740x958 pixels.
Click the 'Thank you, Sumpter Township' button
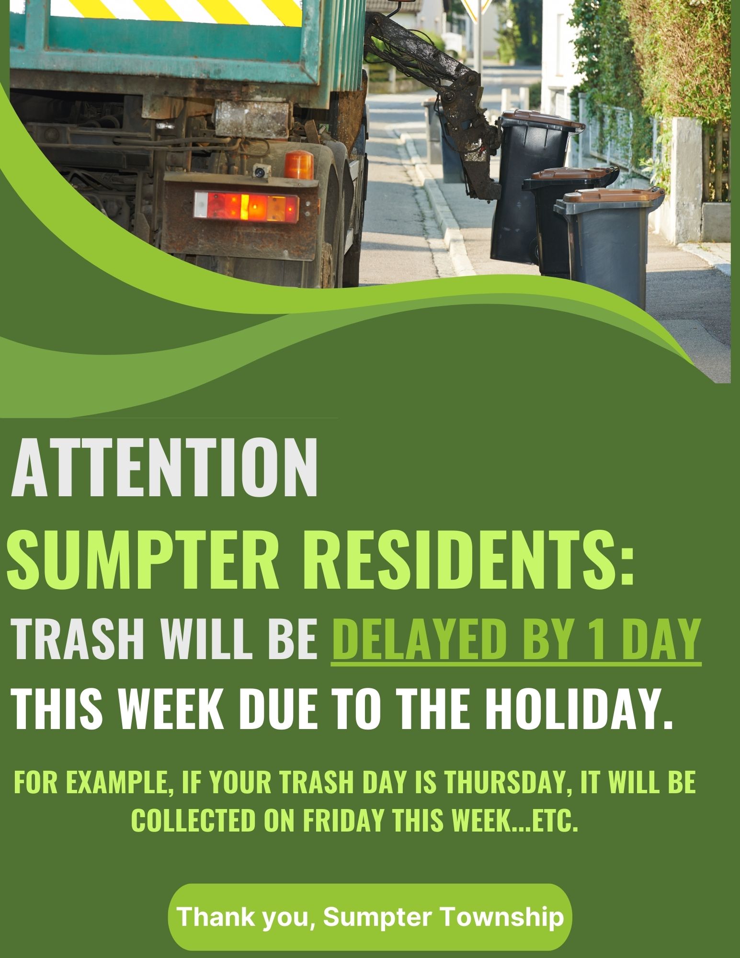tap(370, 917)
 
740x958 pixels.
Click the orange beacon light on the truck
tap(299, 164)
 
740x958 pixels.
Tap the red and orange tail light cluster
tap(246, 206)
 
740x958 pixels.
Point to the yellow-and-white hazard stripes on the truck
tap(158, 9)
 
